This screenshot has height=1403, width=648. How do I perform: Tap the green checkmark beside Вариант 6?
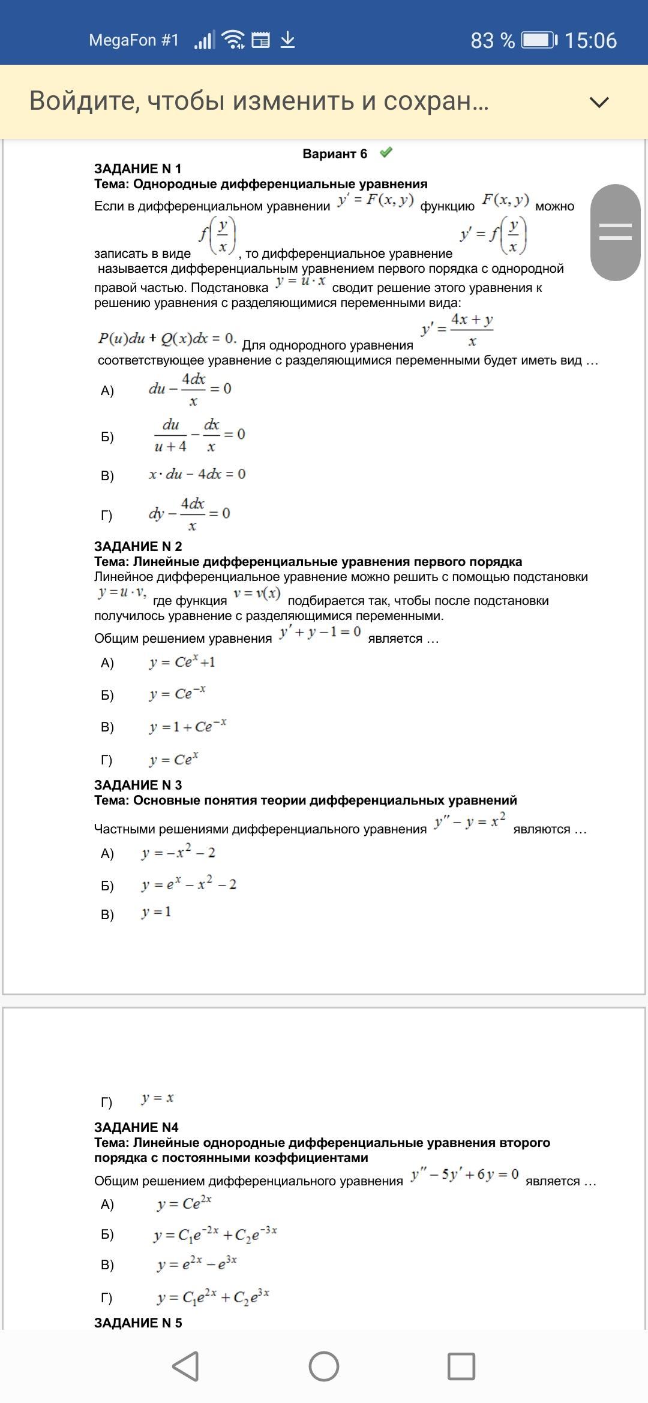(386, 153)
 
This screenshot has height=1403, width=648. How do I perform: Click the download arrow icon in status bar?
(288, 40)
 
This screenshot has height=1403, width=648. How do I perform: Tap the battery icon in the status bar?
(539, 40)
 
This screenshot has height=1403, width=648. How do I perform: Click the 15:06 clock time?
(590, 40)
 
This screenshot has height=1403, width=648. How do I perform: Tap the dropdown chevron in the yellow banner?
(599, 102)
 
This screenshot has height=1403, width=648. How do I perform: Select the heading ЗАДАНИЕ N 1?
(137, 168)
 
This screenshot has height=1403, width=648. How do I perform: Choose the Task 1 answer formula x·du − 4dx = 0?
(197, 474)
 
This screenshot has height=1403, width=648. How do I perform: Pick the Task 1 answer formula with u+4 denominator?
(199, 435)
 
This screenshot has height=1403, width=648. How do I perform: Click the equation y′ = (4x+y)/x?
(457, 330)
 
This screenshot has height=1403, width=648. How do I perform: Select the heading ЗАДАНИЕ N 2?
(137, 546)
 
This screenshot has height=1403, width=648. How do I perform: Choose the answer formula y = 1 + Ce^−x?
(188, 726)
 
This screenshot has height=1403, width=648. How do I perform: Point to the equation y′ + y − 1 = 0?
(320, 633)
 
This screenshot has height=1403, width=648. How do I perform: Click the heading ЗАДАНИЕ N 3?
(137, 785)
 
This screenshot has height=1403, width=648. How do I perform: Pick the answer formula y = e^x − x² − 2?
(189, 884)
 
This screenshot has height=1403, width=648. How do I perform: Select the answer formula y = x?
(157, 1098)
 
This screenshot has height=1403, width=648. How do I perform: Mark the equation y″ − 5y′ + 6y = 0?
(464, 1175)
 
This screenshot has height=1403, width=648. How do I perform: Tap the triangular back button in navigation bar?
(186, 1366)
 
